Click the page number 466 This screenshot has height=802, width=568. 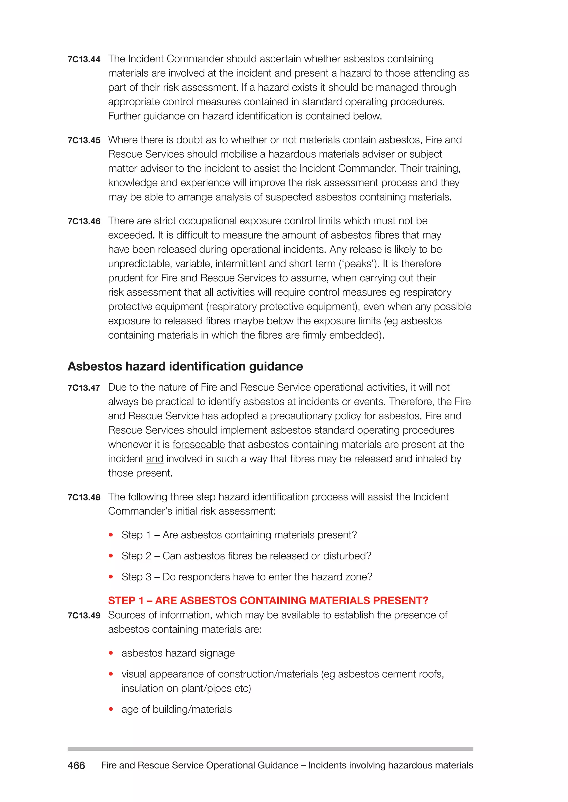(76, 765)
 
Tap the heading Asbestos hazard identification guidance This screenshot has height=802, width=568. (185, 366)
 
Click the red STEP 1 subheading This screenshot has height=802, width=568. (268, 600)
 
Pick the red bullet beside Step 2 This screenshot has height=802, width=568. (111, 556)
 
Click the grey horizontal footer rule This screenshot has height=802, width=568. (270, 749)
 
